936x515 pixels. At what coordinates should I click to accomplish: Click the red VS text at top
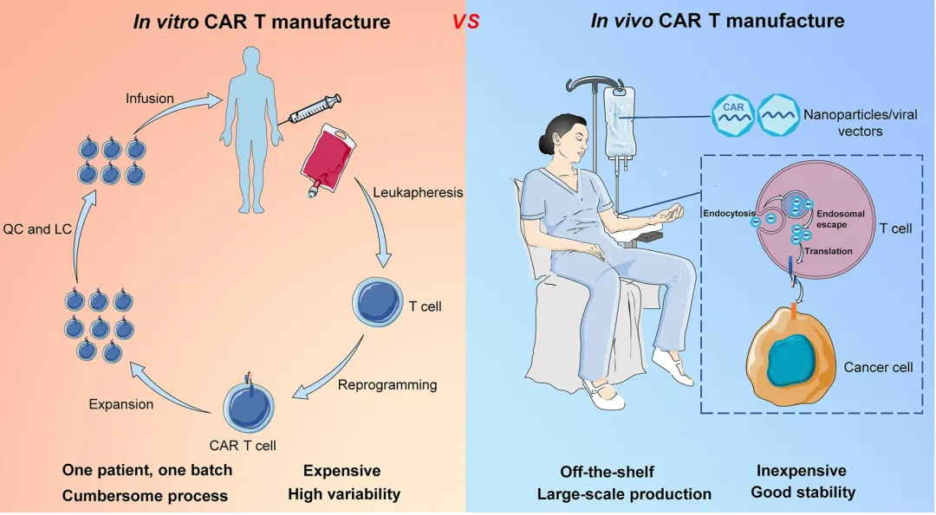point(465,21)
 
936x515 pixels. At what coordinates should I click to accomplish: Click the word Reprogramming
point(387,384)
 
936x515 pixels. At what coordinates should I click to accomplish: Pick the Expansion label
point(120,404)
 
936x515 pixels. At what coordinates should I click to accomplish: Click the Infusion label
point(149,98)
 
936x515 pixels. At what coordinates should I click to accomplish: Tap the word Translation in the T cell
point(829,251)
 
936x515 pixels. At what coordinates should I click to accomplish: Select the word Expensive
point(341,471)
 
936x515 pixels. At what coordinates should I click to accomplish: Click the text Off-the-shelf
point(607,472)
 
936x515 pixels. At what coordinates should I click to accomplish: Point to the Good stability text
point(803,492)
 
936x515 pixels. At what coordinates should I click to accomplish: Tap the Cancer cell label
point(878,367)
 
